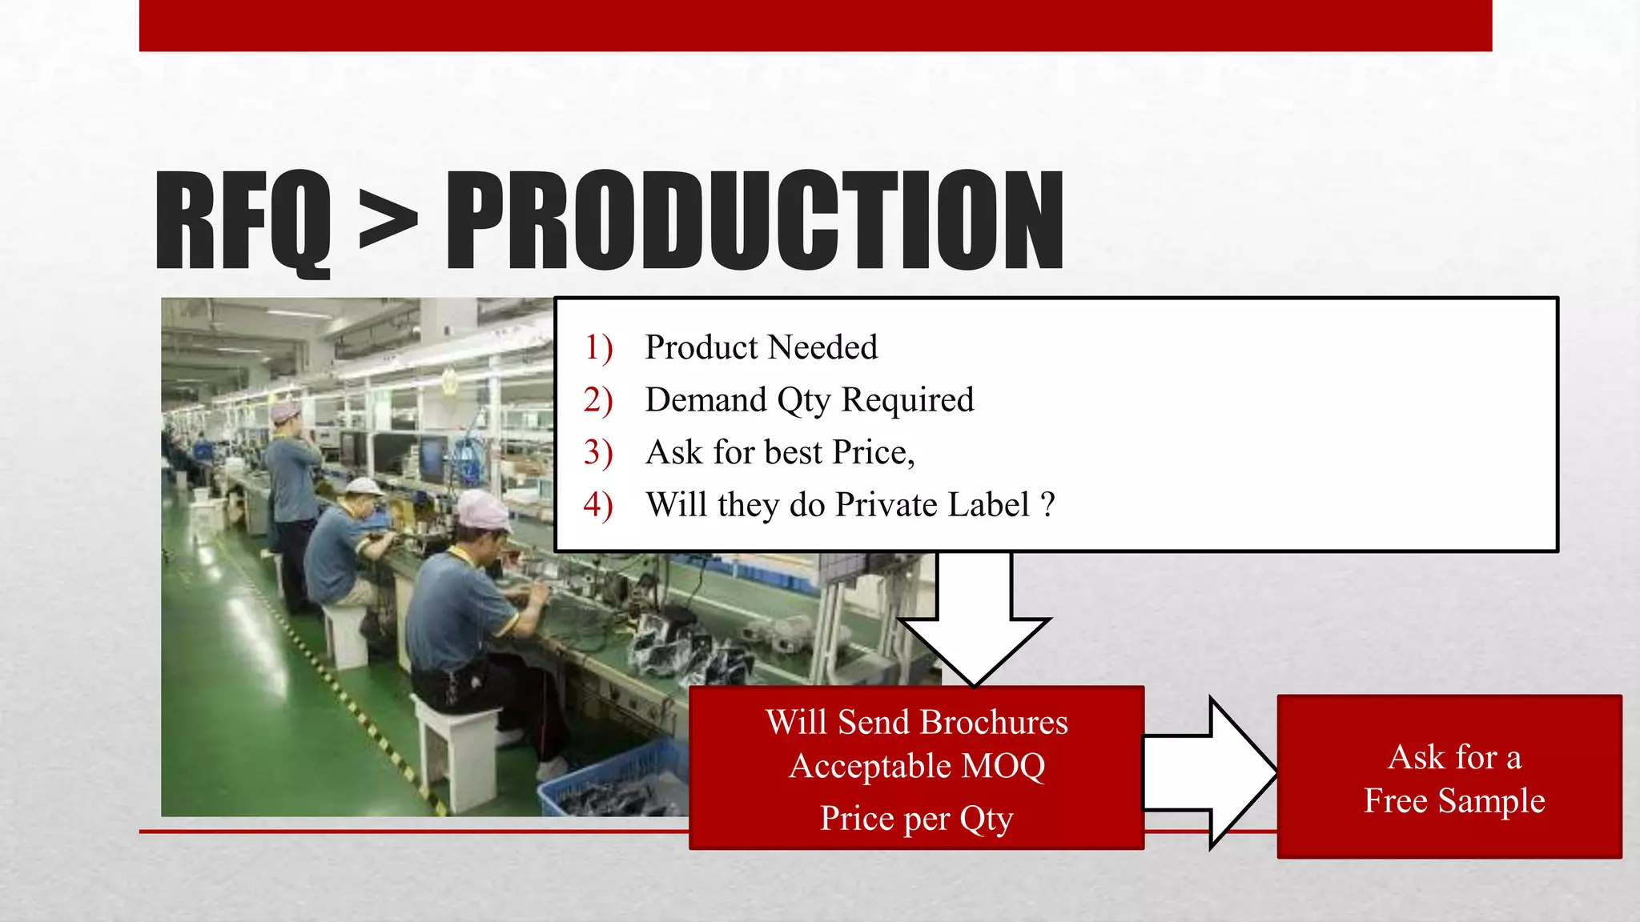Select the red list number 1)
click(x=598, y=347)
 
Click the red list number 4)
click(x=598, y=505)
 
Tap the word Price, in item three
click(x=873, y=452)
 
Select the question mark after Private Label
click(x=1047, y=505)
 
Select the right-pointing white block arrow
click(x=1209, y=772)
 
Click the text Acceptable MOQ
click(x=917, y=766)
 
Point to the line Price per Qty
click(x=917, y=818)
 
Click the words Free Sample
click(x=1454, y=800)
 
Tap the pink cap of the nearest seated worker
click(x=483, y=510)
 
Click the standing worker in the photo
click(x=291, y=496)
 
